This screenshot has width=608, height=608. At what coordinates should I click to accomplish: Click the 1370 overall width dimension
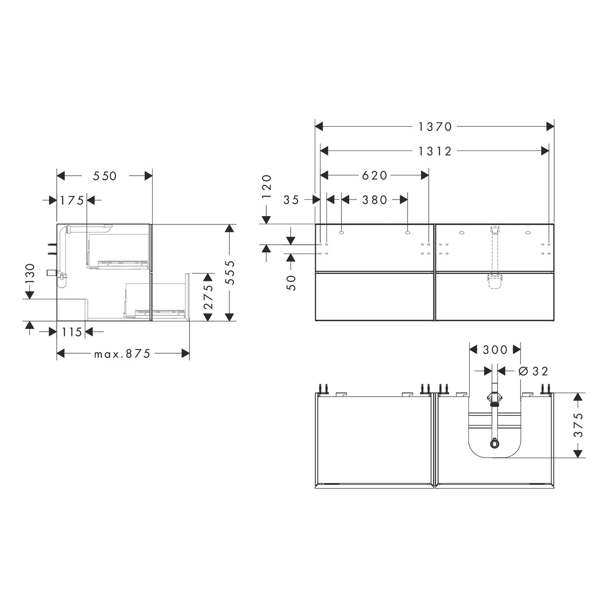(435, 127)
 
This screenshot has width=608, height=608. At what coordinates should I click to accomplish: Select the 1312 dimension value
(435, 151)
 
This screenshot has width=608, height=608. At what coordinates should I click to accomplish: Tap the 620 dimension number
(375, 175)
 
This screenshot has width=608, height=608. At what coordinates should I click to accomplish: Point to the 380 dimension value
(375, 200)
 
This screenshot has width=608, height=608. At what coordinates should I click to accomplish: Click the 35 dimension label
(291, 200)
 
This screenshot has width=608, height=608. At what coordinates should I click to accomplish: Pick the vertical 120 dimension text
(266, 186)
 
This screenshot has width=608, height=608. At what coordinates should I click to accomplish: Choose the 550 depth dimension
(105, 176)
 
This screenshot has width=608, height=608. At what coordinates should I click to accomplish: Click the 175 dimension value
(72, 200)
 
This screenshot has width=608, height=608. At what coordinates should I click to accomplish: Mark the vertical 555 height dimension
(230, 272)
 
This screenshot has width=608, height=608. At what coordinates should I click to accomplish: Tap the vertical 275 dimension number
(208, 297)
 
